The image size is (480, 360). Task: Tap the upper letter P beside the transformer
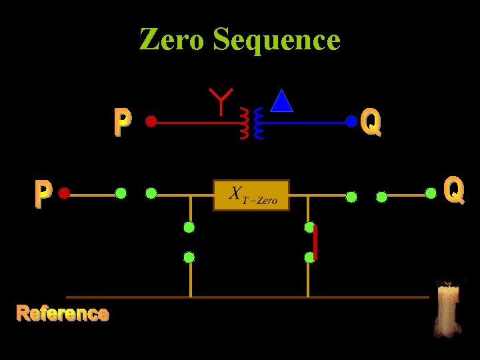tap(122, 123)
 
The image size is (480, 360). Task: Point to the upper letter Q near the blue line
tap(371, 122)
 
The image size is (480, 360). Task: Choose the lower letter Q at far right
tap(454, 189)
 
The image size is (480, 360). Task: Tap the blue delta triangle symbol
tap(283, 101)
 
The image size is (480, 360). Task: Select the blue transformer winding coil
tap(259, 123)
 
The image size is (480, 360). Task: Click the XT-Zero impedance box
tap(251, 195)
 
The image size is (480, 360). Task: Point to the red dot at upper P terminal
tap(151, 121)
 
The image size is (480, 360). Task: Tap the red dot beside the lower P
tap(64, 193)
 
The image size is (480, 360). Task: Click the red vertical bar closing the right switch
tap(315, 242)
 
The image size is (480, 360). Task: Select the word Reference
tap(63, 313)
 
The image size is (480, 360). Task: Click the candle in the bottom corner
tap(447, 307)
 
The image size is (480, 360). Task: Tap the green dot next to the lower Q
tap(431, 193)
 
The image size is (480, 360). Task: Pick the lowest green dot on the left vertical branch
tap(189, 257)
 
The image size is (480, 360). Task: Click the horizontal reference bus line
tap(247, 297)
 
